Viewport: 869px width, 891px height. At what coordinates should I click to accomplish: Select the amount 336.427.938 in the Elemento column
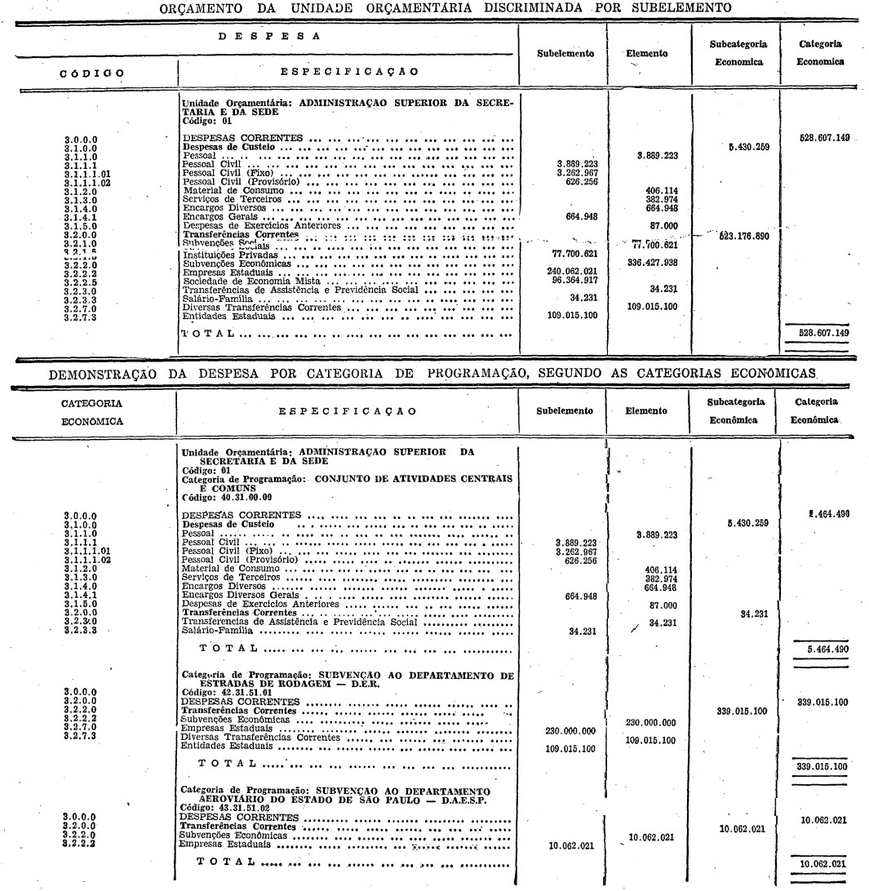pos(650,264)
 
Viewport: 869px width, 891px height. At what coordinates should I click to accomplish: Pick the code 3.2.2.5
pos(82,281)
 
